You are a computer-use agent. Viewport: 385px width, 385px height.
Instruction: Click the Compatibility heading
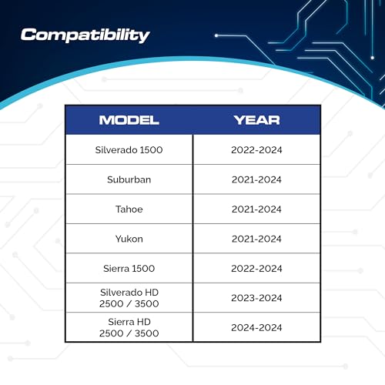[x=85, y=35]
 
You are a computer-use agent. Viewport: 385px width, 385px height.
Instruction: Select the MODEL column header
[x=129, y=120]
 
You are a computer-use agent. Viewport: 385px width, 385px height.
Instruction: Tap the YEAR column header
[x=256, y=120]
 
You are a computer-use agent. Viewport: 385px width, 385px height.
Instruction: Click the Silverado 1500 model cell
[x=129, y=150]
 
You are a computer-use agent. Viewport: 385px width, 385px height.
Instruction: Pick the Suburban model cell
[x=129, y=179]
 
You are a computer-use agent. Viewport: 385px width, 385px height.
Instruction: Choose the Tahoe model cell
[x=129, y=209]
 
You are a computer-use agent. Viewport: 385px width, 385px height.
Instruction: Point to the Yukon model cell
[x=129, y=239]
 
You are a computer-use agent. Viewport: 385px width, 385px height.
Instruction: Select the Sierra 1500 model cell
[x=129, y=269]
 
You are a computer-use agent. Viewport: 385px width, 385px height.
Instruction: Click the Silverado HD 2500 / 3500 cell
[x=129, y=298]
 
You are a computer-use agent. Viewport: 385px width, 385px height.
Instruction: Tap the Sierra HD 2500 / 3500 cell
[x=129, y=327]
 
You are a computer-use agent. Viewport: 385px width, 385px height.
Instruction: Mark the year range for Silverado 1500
[x=256, y=150]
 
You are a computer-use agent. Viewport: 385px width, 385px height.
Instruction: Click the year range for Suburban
[x=256, y=179]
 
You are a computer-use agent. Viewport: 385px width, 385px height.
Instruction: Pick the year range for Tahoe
[x=256, y=209]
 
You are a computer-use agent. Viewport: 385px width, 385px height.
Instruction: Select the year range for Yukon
[x=256, y=239]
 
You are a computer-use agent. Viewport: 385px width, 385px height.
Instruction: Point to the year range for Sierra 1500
[x=256, y=269]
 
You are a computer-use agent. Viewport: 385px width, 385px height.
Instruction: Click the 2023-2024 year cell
[x=256, y=298]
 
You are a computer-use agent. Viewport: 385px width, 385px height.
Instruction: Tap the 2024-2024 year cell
[x=256, y=328]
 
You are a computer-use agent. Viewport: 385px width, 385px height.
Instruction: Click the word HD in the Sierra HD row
[x=143, y=322]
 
